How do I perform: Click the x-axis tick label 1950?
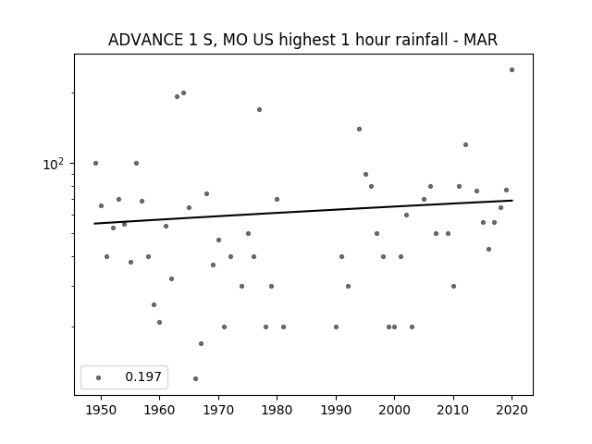pos(101,411)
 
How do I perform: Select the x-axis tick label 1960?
pos(159,411)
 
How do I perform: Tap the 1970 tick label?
pos(218,411)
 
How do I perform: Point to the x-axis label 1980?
pos(277,411)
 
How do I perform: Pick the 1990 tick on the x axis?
pos(336,411)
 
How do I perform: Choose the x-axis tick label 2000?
pos(395,411)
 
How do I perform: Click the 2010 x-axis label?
pos(453,411)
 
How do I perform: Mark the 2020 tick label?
pos(512,411)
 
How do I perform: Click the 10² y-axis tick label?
pos(54,165)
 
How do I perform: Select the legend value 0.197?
pos(143,376)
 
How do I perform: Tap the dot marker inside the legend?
pos(99,378)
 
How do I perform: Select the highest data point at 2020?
pos(512,70)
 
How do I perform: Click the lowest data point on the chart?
pos(195,378)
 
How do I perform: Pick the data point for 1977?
pos(259,110)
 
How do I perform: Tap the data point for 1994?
pos(360,129)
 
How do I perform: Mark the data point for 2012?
pos(465,145)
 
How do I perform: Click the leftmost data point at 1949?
pos(95,164)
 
